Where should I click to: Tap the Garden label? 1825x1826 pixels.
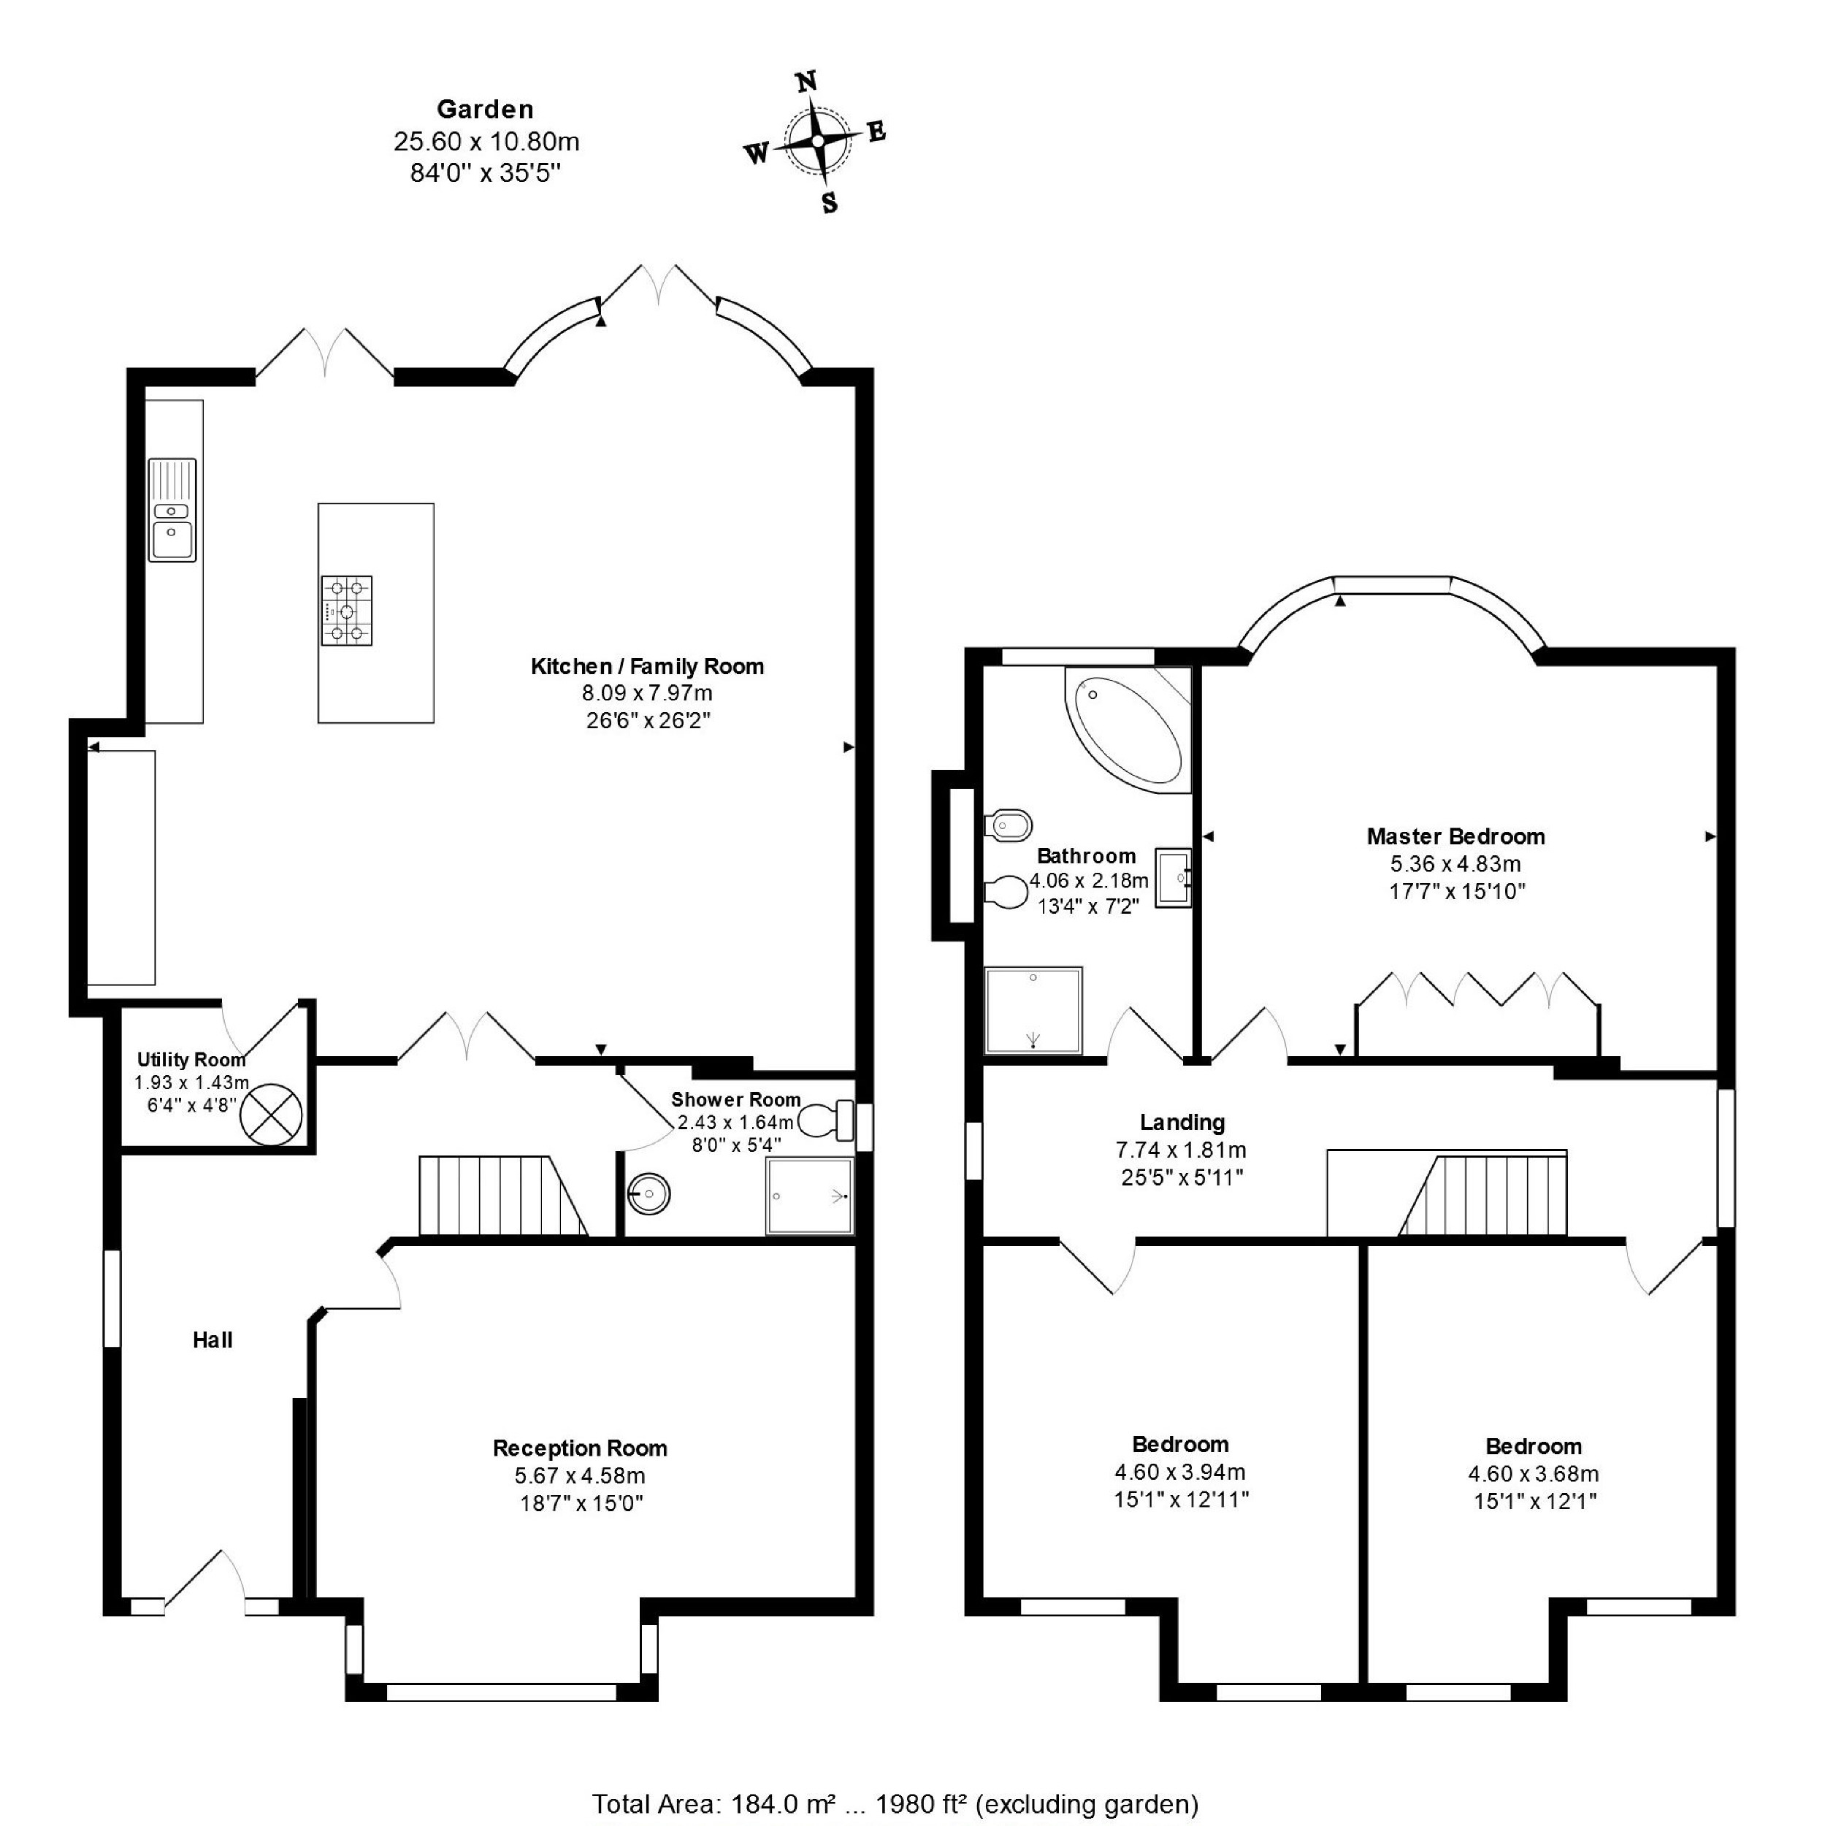485,110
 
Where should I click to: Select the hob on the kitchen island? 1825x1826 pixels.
346,611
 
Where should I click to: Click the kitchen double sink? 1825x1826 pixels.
172,511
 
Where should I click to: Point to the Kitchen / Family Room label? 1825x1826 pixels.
646,666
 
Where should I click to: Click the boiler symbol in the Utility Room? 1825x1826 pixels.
271,1115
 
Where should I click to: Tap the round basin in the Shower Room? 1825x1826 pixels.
649,1193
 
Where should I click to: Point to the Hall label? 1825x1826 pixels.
213,1340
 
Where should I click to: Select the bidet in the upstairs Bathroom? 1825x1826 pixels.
1008,825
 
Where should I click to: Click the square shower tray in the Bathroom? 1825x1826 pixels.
1033,1010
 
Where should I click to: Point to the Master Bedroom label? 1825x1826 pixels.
1455,836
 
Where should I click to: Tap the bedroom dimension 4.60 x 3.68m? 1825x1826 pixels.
1533,1473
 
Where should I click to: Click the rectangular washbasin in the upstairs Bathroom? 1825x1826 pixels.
1173,878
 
